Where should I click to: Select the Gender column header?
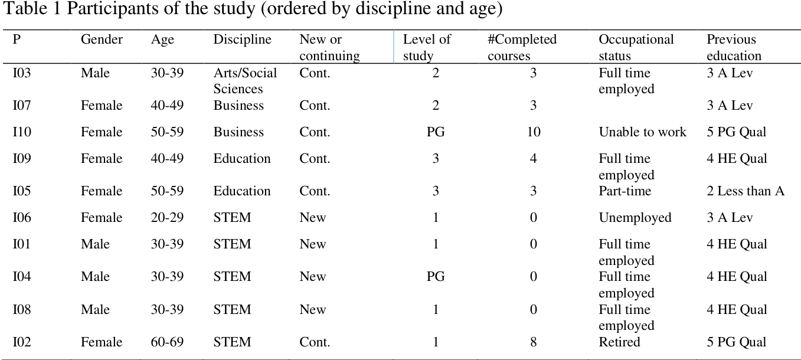coord(102,40)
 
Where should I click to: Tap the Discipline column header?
coord(242,40)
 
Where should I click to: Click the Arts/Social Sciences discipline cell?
coord(245,81)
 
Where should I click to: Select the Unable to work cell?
coord(642,132)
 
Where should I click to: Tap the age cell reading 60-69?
coord(167,342)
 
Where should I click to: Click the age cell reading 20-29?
coord(167,218)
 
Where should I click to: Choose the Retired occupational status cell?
coord(619,342)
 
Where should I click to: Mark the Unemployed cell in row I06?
coord(635,218)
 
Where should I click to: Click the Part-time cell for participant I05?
coord(625,191)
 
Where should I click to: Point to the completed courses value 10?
coord(533,132)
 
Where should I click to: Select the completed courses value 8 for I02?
coord(533,342)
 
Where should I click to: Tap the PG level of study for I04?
coord(436,277)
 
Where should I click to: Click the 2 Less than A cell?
coord(746,191)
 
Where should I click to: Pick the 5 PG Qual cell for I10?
coord(737,132)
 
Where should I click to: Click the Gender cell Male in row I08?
coord(95,310)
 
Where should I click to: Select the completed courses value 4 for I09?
coord(533,159)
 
